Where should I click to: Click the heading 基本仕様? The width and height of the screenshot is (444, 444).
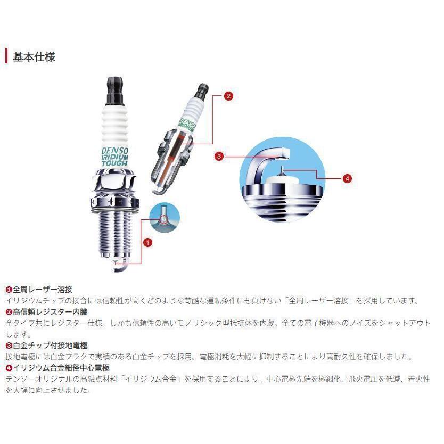(34, 56)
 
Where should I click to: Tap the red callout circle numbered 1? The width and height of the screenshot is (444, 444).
(147, 241)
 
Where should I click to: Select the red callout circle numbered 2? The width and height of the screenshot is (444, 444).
(228, 96)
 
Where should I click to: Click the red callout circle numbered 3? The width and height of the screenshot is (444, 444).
(219, 157)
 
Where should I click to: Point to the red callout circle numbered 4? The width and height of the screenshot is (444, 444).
(347, 178)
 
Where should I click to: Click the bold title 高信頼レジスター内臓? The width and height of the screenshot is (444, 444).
(49, 312)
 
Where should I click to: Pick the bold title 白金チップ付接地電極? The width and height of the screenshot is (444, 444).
(49, 345)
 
